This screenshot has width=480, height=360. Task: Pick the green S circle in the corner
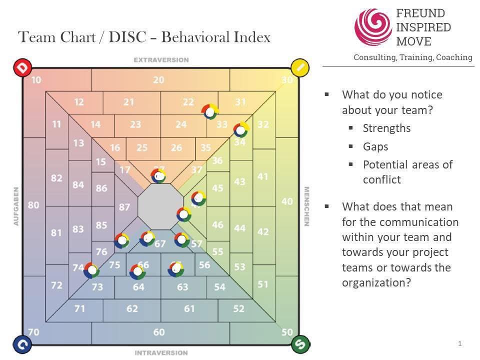pyautogui.click(x=299, y=344)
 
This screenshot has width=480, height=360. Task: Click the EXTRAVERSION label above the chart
pyautogui.click(x=161, y=60)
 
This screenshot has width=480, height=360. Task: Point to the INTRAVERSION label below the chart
pyautogui.click(x=161, y=353)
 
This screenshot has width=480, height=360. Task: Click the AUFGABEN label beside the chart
pyautogui.click(x=16, y=206)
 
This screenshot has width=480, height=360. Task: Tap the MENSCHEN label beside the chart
pyautogui.click(x=307, y=206)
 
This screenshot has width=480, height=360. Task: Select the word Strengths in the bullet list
pyautogui.click(x=386, y=128)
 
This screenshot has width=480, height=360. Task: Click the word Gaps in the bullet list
pyautogui.click(x=375, y=146)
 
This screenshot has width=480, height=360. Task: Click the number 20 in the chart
pyautogui.click(x=158, y=79)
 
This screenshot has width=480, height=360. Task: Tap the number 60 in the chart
pyautogui.click(x=158, y=332)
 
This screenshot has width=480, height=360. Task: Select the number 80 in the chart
pyautogui.click(x=33, y=204)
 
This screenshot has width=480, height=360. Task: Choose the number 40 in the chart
pyautogui.click(x=287, y=201)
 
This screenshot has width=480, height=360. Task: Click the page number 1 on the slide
pyautogui.click(x=459, y=343)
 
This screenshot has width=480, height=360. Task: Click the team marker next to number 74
pyautogui.click(x=91, y=270)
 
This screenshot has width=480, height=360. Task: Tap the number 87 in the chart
pyautogui.click(x=124, y=207)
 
